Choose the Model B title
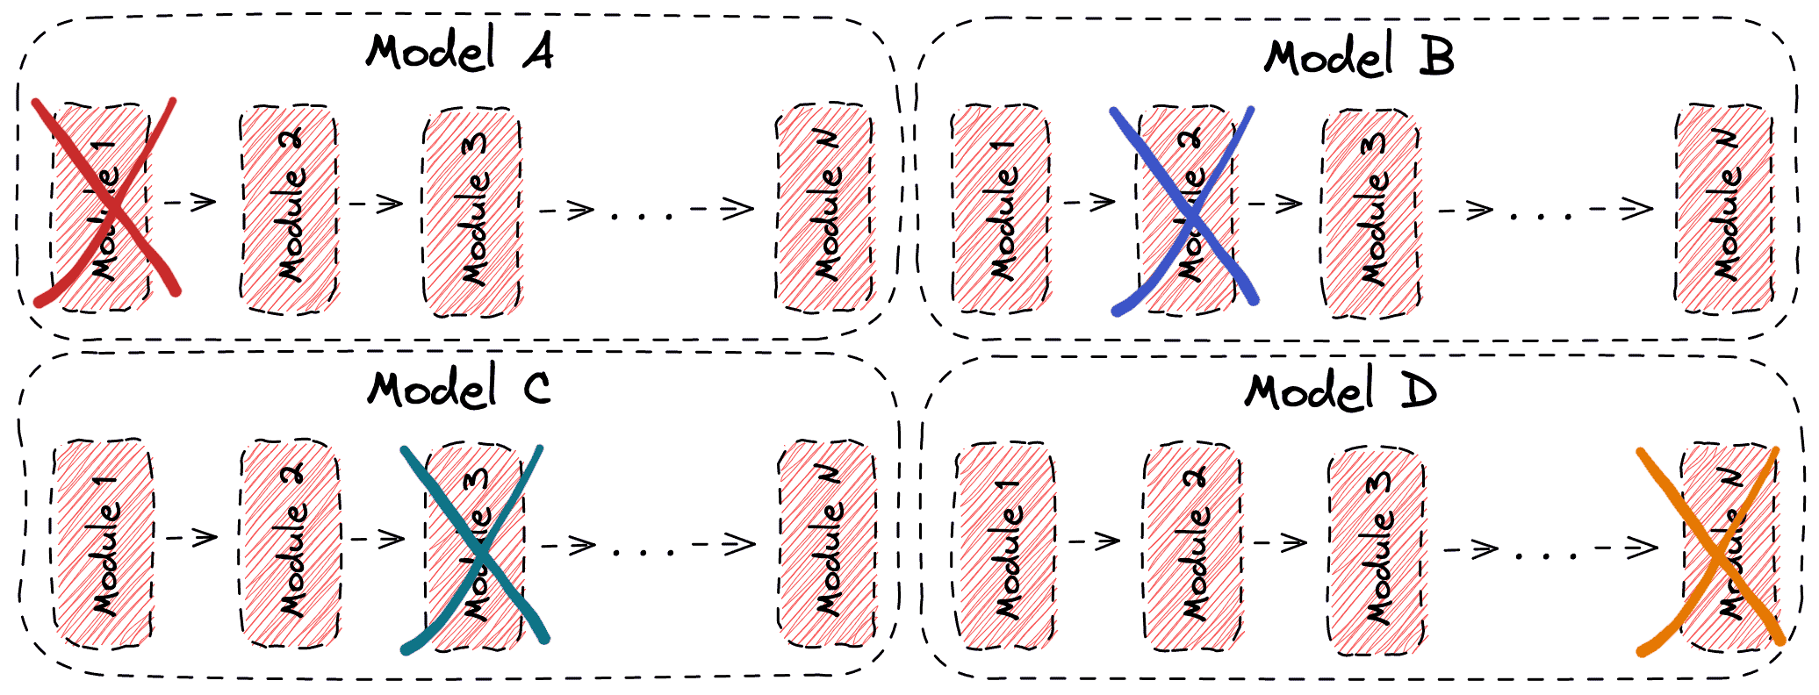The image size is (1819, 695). tap(1359, 58)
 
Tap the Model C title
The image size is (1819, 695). tap(459, 389)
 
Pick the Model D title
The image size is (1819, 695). tap(1341, 391)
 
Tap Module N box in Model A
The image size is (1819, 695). tap(825, 208)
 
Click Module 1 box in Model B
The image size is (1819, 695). tap(1002, 209)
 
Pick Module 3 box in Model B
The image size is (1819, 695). tap(1371, 211)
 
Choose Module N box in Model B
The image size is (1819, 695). tap(1724, 209)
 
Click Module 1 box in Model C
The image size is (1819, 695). tap(104, 544)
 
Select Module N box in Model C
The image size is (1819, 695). tap(827, 544)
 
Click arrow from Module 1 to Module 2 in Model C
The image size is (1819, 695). tap(191, 537)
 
